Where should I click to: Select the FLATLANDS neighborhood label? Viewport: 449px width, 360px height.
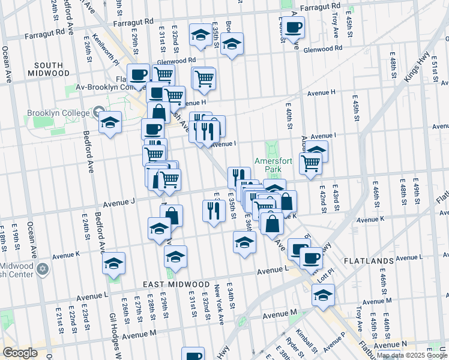pos(368,261)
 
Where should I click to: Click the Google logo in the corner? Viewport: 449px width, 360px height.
pos(20,352)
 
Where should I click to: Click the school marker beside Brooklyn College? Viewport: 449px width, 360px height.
pos(110,123)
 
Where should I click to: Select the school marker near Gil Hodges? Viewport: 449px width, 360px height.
pos(113,264)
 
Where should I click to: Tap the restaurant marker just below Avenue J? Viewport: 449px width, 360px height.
pos(214,211)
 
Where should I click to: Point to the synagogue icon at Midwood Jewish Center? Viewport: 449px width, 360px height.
pos(42,268)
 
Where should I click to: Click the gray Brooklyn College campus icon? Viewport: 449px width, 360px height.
pos(98,112)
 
